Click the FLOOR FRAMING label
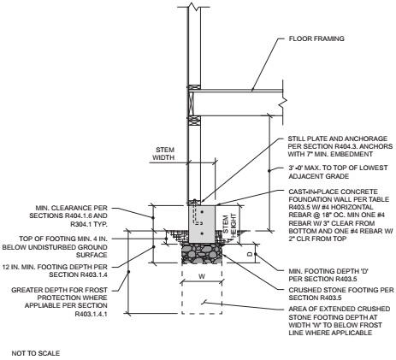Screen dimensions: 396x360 (316, 38)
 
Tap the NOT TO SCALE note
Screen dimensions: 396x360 (36, 353)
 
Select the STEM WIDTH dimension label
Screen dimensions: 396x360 (163, 153)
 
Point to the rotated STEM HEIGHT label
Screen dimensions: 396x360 (229, 226)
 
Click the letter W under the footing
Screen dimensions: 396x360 (202, 276)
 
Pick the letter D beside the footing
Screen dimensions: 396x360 (250, 254)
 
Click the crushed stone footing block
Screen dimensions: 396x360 (202, 253)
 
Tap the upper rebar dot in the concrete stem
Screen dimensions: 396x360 (202, 212)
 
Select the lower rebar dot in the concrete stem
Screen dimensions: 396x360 (202, 233)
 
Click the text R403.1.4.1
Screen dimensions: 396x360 (92, 314)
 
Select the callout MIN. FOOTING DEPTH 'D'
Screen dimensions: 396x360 (328, 271)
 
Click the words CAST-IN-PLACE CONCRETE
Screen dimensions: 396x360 (333, 192)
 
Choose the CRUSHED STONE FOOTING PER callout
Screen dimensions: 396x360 (341, 290)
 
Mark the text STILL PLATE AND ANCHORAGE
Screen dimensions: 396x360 (338, 139)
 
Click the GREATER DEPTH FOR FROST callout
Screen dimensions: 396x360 (59, 290)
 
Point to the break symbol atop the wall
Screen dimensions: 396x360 (194, 6)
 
